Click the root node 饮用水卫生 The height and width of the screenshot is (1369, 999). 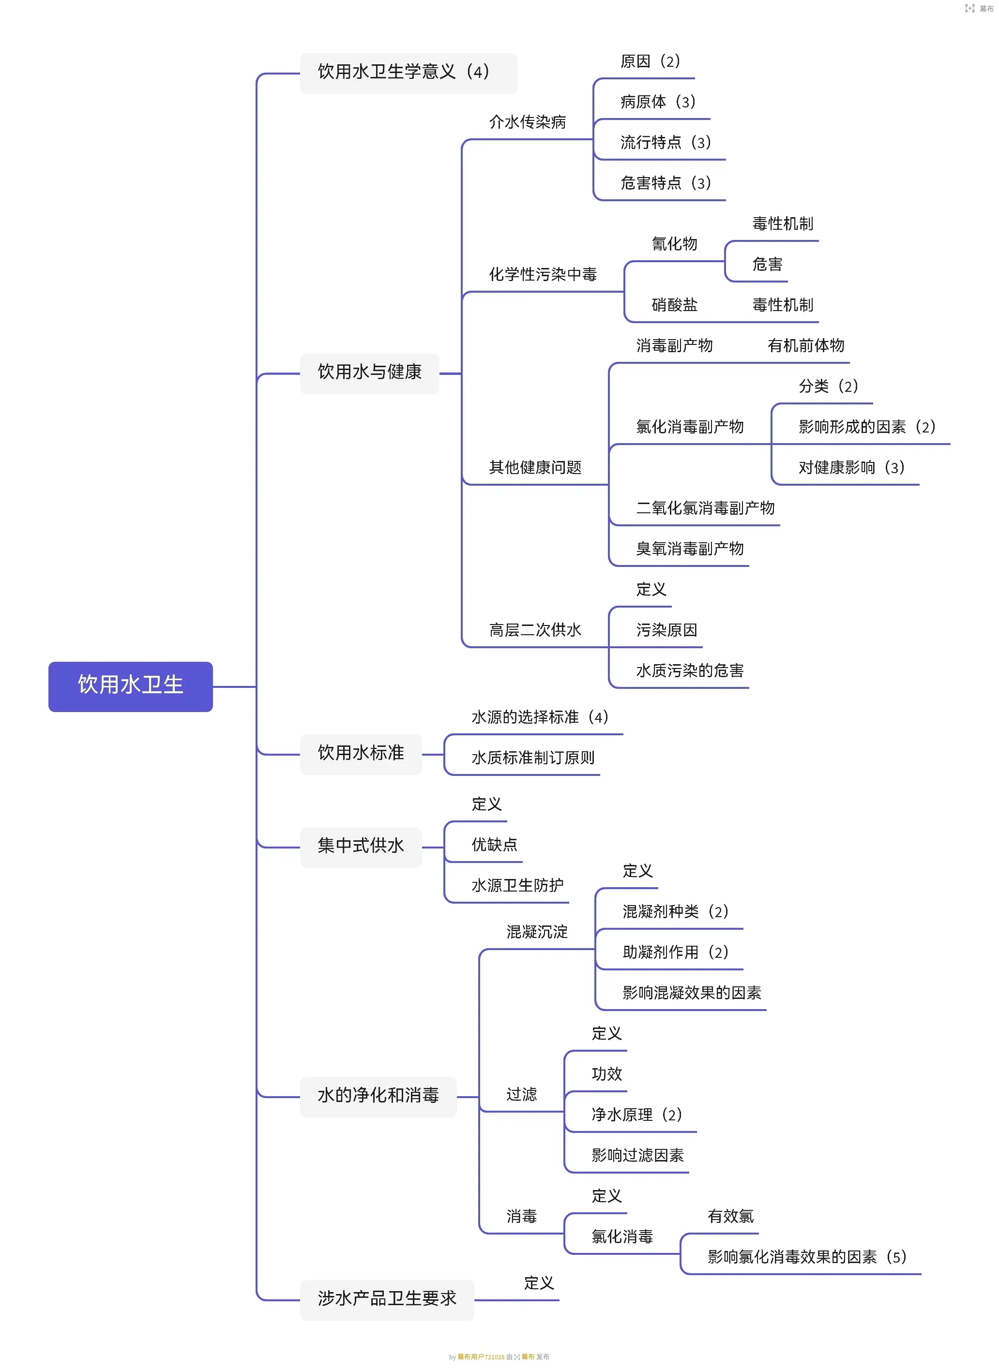click(130, 685)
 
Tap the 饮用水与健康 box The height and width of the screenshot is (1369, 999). click(369, 372)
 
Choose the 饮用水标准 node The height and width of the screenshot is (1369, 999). click(361, 753)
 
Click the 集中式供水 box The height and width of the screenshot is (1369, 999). click(361, 846)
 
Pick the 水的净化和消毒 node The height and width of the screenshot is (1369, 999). click(378, 1095)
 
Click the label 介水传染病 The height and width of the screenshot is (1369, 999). click(527, 123)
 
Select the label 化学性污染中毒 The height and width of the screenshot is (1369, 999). click(543, 275)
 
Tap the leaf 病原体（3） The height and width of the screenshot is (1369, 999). click(657, 102)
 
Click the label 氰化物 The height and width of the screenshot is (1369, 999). click(674, 244)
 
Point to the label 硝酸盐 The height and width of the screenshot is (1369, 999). click(674, 305)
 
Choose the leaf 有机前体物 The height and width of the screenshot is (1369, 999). click(805, 346)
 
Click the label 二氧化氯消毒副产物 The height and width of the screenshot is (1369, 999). click(705, 508)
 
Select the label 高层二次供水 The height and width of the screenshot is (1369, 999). click(534, 630)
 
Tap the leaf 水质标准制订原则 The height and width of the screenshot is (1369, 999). click(533, 758)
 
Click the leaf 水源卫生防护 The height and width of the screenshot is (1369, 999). click(517, 886)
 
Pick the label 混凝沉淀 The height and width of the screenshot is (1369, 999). click(537, 932)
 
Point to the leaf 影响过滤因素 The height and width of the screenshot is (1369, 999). click(637, 1156)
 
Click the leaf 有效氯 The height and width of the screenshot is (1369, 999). click(730, 1216)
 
